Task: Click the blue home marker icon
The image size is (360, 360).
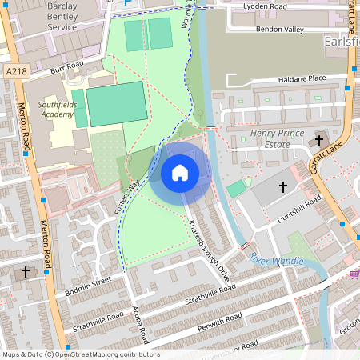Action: (180, 173)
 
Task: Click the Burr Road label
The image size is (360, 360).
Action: (66, 66)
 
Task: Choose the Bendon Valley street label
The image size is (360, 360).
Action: (279, 30)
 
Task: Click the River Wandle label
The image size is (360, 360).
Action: (276, 260)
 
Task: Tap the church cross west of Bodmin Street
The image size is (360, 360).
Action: (25, 272)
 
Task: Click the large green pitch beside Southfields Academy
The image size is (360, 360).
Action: (117, 103)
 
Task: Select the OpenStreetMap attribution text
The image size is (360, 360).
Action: (81, 354)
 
